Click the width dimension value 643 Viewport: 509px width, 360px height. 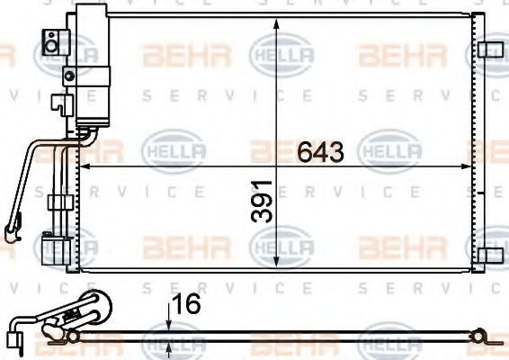pos(320,152)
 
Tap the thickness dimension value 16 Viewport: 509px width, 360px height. pos(187,305)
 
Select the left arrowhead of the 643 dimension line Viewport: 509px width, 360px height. pos(85,167)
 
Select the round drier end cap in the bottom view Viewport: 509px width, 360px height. pos(94,310)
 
